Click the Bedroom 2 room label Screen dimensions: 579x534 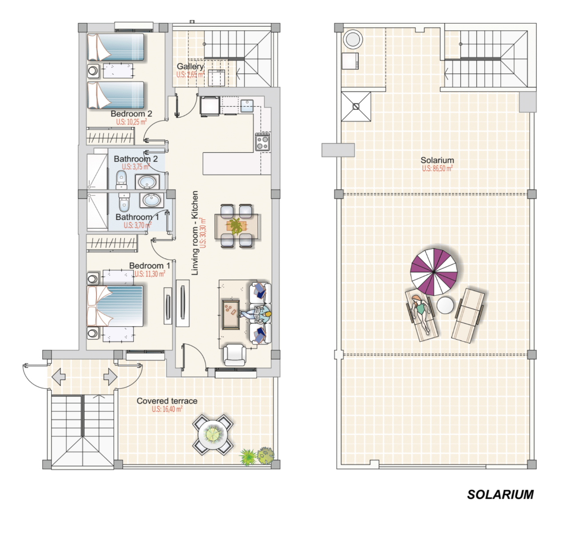point(132,113)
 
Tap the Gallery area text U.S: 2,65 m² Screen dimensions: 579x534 point(191,75)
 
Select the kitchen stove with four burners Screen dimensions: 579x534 point(262,142)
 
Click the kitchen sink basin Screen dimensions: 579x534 point(247,106)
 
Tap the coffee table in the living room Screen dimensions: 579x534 point(231,315)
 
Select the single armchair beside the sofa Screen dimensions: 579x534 point(235,355)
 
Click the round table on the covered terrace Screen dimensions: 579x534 point(213,435)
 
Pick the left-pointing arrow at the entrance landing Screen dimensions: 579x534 point(59,377)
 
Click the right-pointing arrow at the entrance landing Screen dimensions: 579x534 point(110,377)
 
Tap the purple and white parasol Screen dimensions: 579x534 point(434,272)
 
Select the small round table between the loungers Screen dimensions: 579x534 point(445,305)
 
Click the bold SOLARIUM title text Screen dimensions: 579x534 point(500,495)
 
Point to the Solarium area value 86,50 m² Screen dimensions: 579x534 point(437,169)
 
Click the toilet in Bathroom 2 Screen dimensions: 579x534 point(121,179)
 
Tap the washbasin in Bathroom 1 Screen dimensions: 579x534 point(152,200)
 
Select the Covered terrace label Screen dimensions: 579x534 point(167,401)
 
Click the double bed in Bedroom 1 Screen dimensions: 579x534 point(116,306)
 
